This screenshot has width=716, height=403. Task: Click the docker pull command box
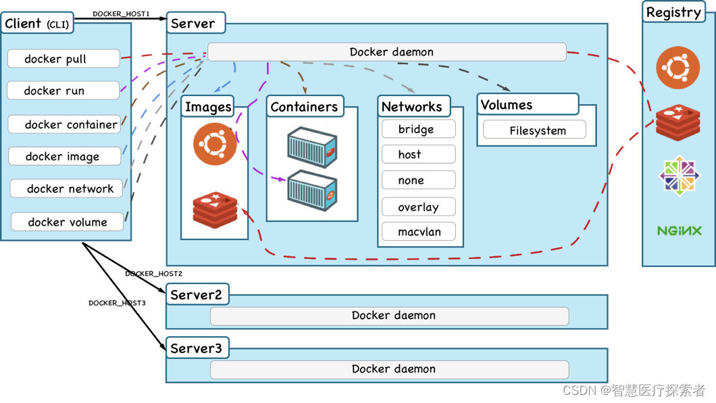[x=64, y=58]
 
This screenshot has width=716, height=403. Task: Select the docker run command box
[x=63, y=91]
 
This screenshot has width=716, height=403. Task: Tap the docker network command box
[x=66, y=188]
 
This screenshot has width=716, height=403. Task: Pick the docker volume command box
[x=67, y=222]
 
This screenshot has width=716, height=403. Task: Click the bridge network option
[x=419, y=129]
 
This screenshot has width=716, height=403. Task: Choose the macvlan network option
[x=419, y=231]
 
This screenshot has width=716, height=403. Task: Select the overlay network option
[x=419, y=206]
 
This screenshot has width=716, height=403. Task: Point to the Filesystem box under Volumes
[x=535, y=130]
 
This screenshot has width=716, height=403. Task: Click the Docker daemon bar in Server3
[x=390, y=369]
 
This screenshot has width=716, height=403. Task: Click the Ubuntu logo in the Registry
[x=677, y=67]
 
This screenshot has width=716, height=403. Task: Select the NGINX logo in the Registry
[x=679, y=231]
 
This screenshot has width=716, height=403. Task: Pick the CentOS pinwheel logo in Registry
[x=679, y=175]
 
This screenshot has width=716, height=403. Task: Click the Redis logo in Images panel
[x=215, y=210]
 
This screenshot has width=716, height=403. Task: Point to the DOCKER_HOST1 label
[x=121, y=14]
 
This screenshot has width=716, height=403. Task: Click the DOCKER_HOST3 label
[x=117, y=303]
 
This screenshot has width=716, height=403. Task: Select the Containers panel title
[x=305, y=106]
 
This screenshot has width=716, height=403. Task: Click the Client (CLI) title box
[x=37, y=23]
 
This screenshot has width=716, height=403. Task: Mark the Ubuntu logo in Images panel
[x=215, y=143]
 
